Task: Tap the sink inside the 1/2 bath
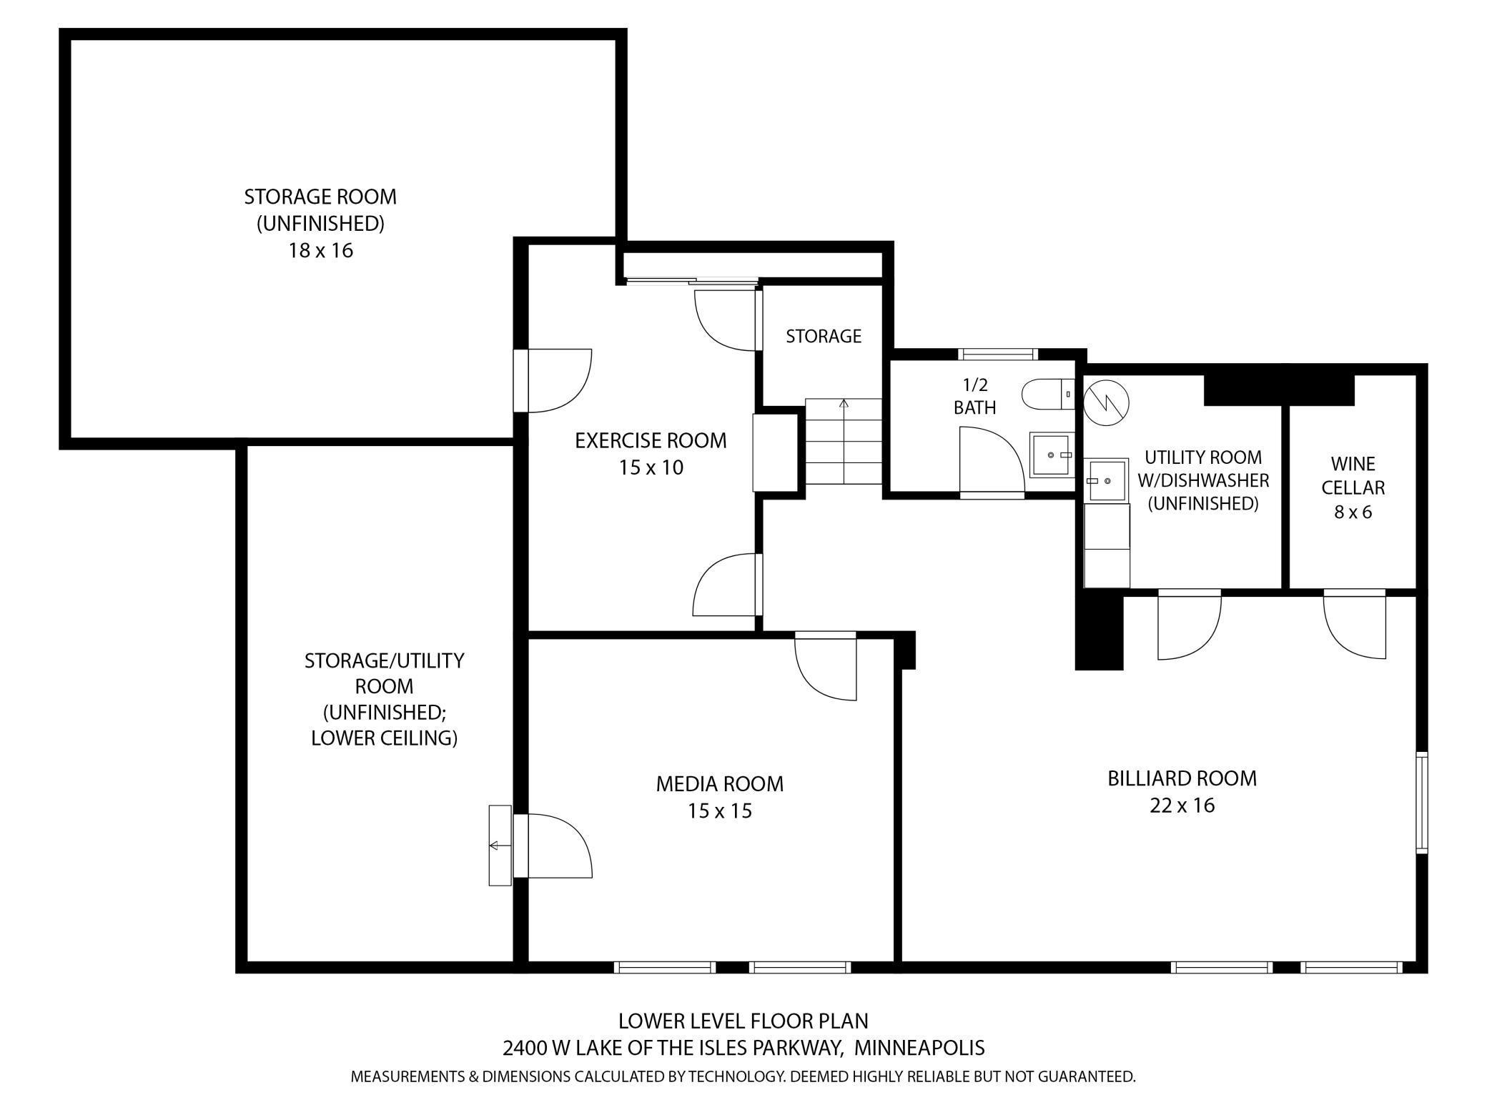pos(1051,455)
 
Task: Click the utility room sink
pos(1106,480)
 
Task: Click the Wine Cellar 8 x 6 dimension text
pos(1353,512)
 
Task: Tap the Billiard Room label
pos(1182,778)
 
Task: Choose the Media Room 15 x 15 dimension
pos(719,811)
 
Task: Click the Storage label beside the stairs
pos(824,336)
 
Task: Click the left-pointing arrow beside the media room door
pos(495,846)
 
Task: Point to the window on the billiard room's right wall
pos(1421,802)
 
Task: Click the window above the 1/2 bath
pos(997,353)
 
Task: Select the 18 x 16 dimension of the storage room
pos(320,250)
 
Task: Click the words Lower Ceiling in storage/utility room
pos(384,738)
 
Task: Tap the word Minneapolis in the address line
pos(919,1048)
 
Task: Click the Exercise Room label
pos(651,440)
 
